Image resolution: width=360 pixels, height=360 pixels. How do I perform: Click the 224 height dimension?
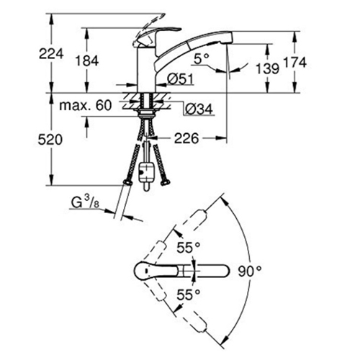click(x=51, y=54)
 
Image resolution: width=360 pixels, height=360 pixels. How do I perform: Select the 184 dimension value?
click(x=87, y=60)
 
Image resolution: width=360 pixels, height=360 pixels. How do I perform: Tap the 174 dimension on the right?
click(x=295, y=63)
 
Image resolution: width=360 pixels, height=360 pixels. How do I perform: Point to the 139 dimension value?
click(x=268, y=68)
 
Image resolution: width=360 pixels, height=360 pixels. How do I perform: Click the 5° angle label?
click(x=202, y=59)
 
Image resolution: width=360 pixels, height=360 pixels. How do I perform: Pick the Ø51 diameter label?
click(x=180, y=79)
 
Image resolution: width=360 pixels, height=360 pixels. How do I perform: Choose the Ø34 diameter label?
click(x=199, y=109)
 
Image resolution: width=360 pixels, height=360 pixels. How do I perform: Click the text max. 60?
click(x=86, y=105)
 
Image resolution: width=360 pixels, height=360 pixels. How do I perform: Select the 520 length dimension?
click(x=50, y=140)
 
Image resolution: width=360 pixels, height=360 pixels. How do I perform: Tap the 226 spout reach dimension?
click(x=186, y=138)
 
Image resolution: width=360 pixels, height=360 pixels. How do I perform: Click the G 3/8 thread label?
click(x=85, y=203)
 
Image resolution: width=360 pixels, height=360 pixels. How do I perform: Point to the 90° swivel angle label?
click(x=250, y=271)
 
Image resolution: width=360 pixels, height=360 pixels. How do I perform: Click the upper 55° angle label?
click(x=189, y=248)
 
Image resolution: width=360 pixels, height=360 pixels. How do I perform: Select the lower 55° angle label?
click(x=189, y=294)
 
